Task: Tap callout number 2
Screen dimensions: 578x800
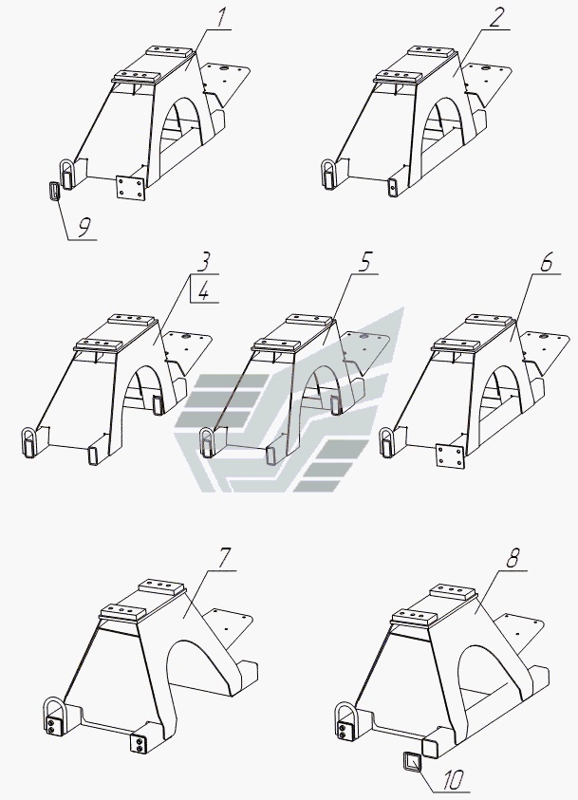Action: (495, 18)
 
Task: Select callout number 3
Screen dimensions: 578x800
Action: (202, 262)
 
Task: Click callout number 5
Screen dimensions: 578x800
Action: (364, 262)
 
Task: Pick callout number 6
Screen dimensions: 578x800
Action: (546, 262)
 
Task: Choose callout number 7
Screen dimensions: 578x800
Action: (224, 559)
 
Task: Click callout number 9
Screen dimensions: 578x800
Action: (85, 228)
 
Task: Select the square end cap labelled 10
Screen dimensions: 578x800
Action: (411, 761)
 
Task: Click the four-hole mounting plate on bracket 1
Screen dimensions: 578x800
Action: (132, 188)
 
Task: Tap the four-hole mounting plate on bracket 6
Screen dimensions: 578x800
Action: (450, 456)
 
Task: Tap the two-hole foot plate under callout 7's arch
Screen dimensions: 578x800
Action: (140, 743)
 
